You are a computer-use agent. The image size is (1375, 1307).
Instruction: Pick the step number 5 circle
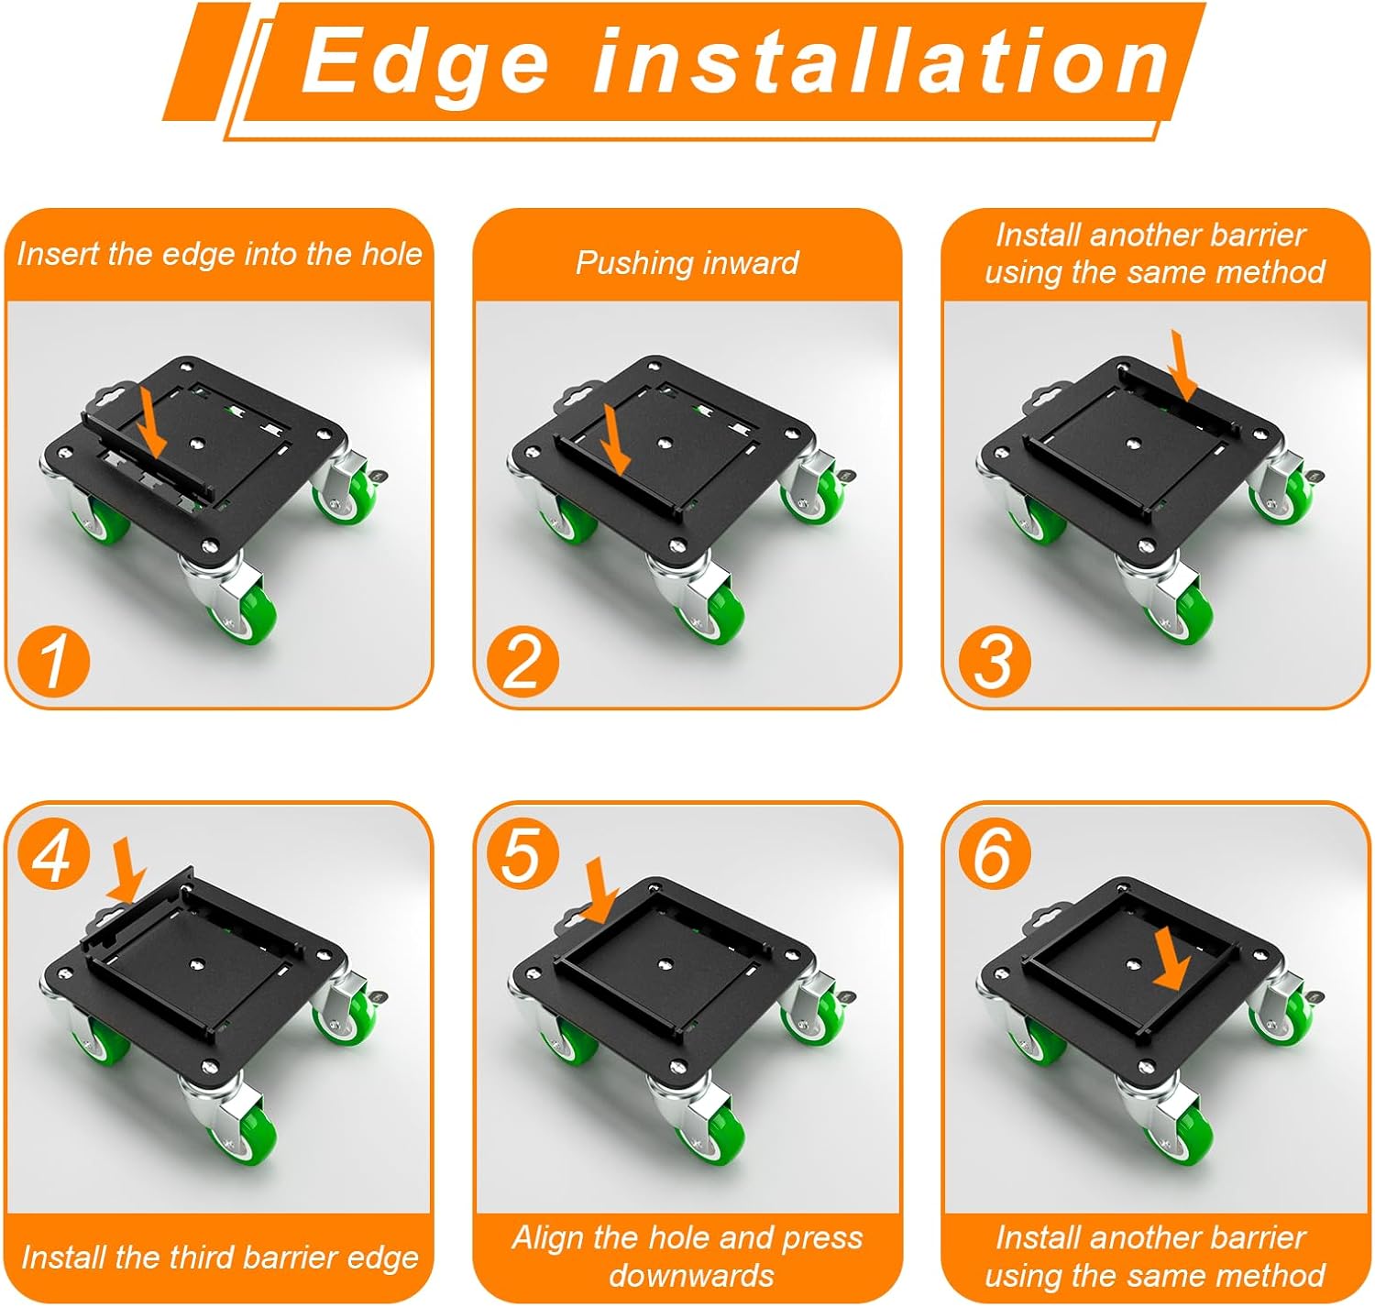pyautogui.click(x=522, y=854)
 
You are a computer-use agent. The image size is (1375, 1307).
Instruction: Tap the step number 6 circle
pyautogui.click(x=994, y=854)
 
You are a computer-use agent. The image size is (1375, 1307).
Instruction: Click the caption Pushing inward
pyautogui.click(x=687, y=263)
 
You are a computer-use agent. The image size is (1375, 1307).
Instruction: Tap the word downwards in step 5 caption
pyautogui.click(x=691, y=1275)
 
